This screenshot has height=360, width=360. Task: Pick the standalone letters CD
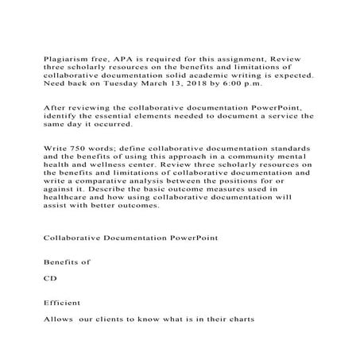(x=49, y=279)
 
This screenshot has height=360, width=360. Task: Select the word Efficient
(x=63, y=302)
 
